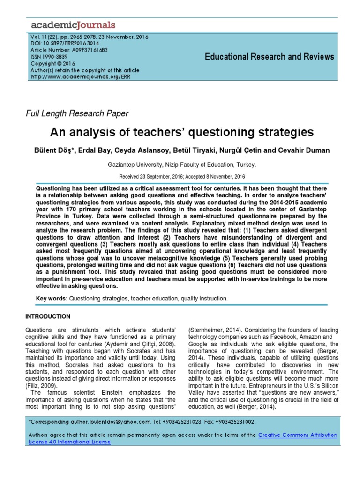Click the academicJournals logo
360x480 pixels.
tap(73, 25)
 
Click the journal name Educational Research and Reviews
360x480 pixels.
tap(270, 57)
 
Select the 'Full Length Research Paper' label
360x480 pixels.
tap(77, 113)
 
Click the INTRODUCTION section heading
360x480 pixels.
tap(48, 316)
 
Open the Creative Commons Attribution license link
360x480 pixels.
tap(298, 435)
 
